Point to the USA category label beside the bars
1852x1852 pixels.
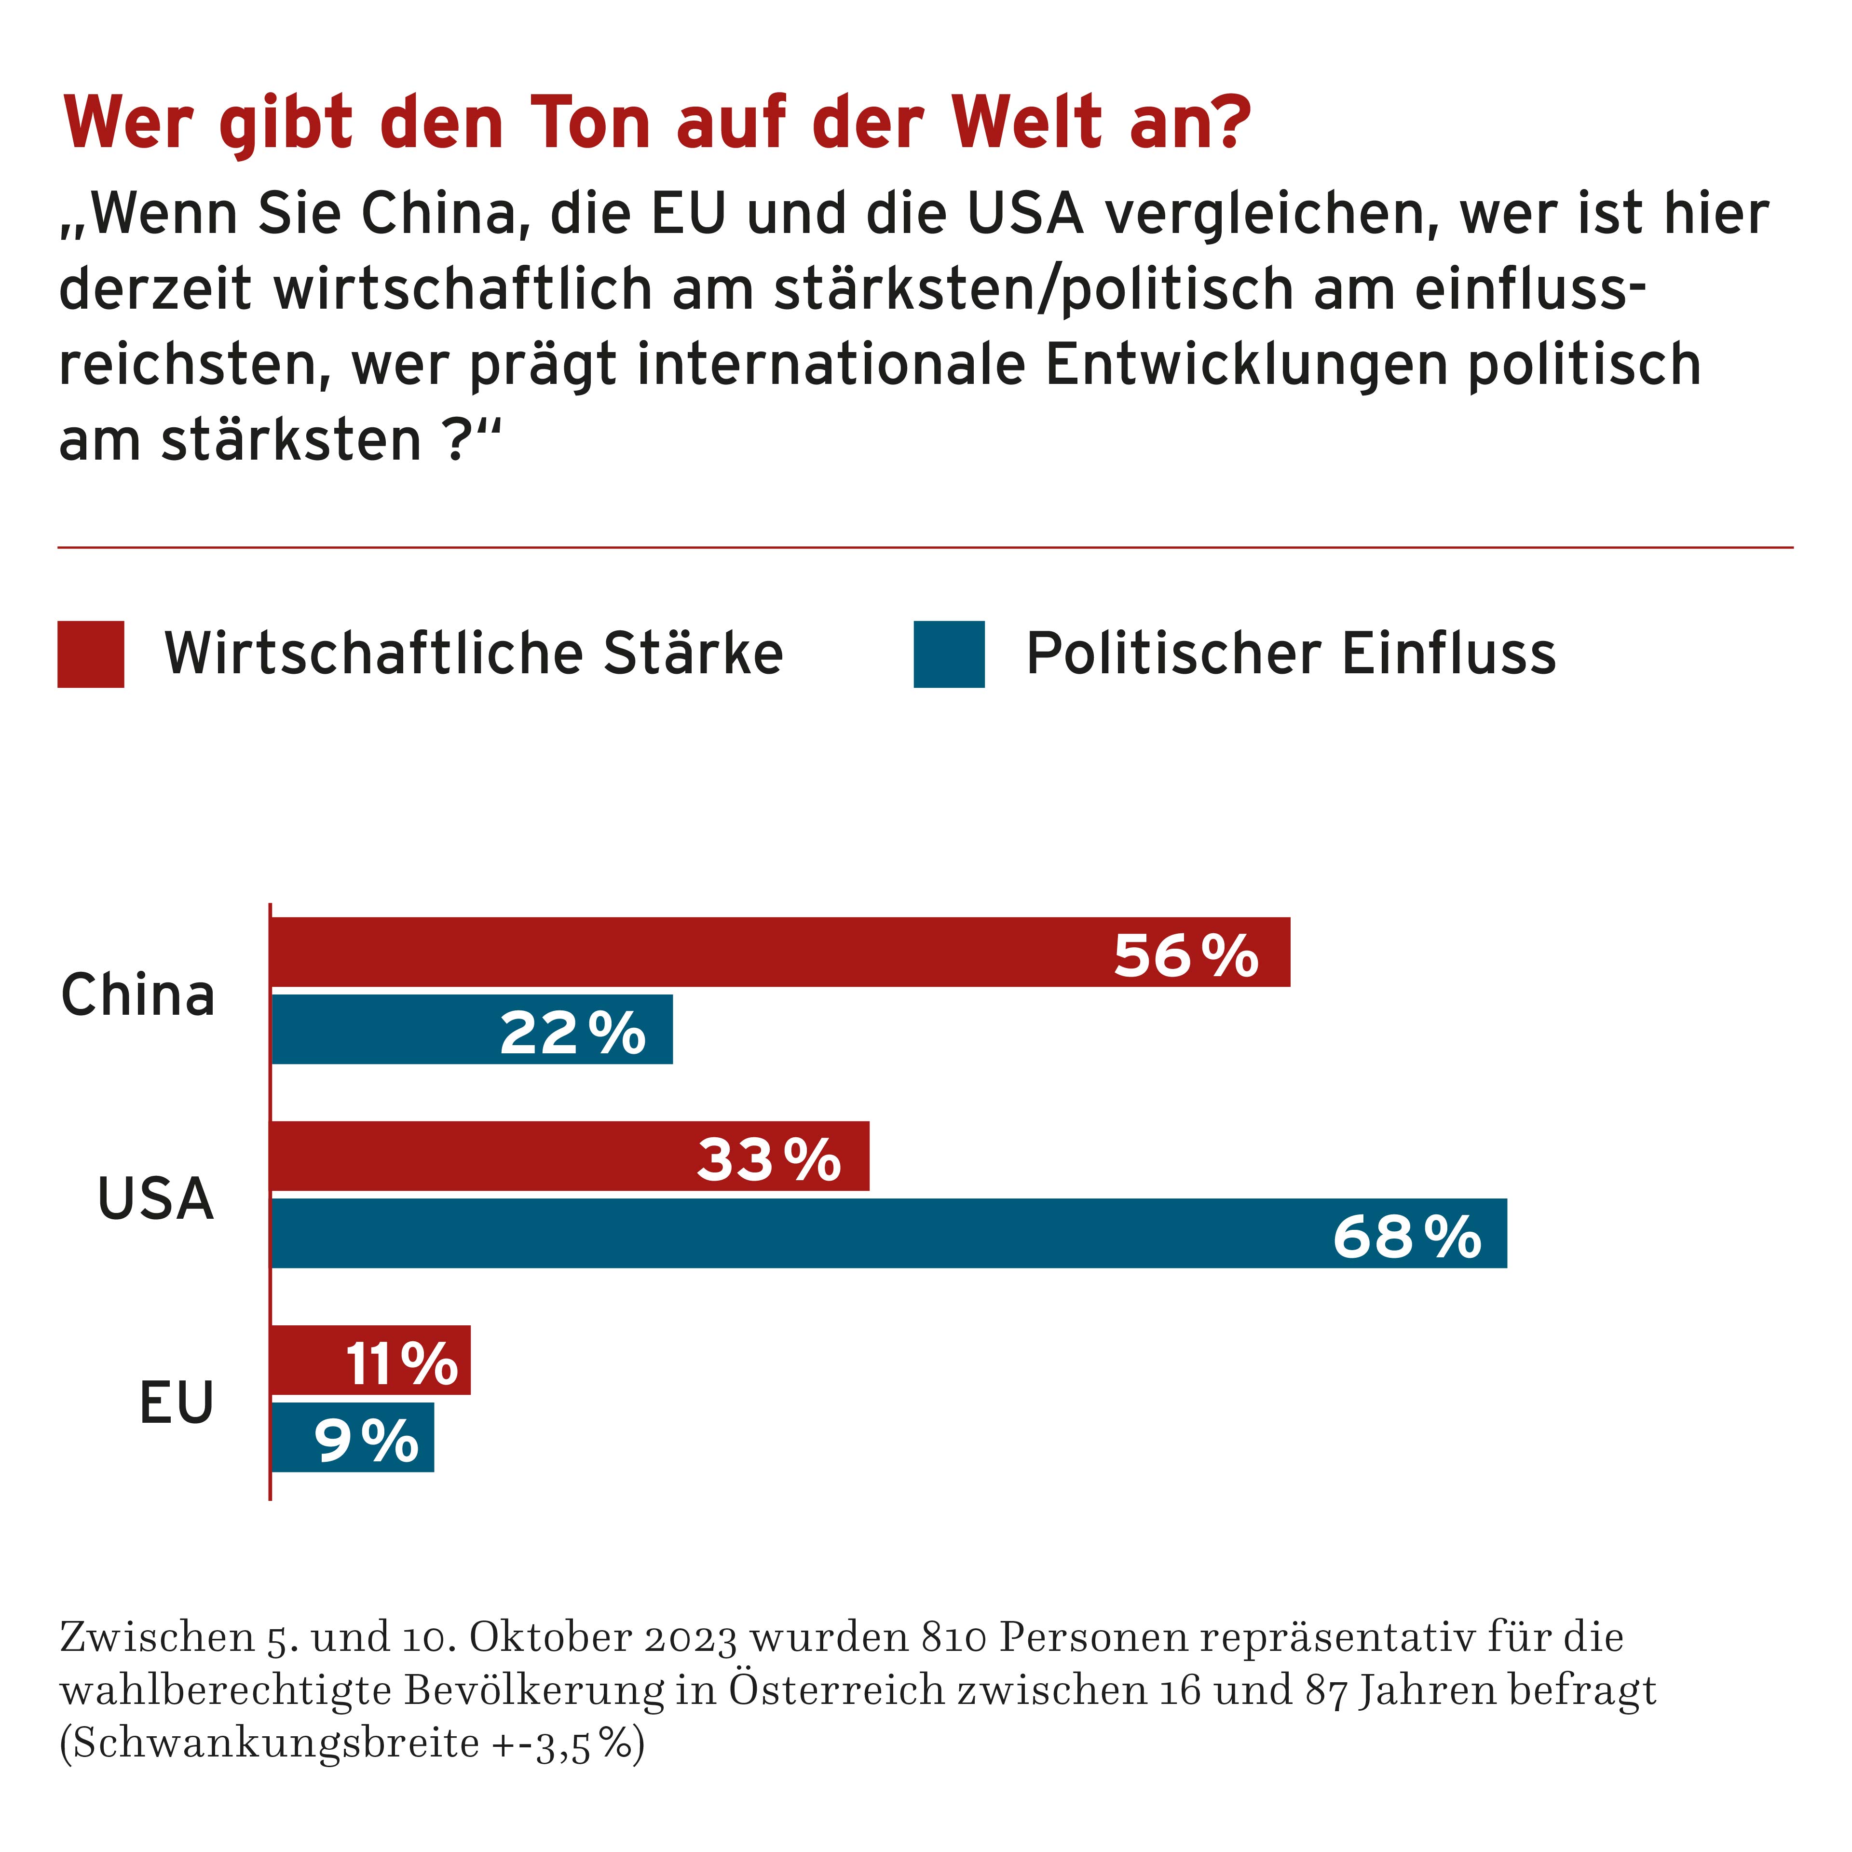(155, 1198)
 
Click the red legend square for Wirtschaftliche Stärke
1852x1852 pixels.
(91, 655)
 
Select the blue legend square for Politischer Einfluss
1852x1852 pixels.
(949, 655)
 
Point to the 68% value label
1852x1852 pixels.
(1406, 1237)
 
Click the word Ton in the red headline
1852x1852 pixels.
(590, 123)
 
